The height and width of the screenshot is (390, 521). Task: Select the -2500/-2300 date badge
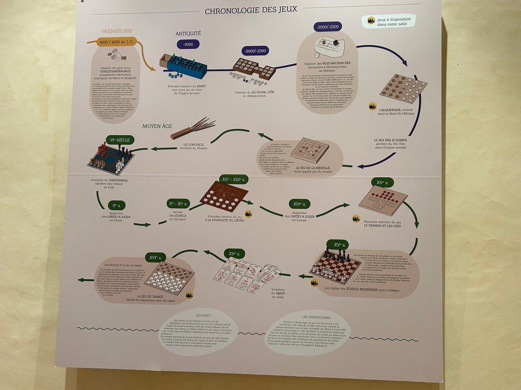click(328, 27)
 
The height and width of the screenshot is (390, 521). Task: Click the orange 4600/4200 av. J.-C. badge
click(116, 42)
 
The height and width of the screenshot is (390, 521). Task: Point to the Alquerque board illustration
click(403, 88)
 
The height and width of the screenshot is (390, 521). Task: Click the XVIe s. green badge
click(155, 257)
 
